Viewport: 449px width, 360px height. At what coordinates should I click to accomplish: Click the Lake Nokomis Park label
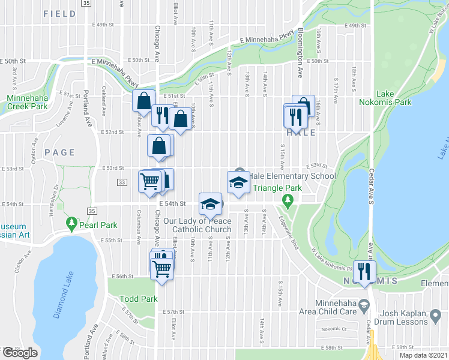click(x=393, y=98)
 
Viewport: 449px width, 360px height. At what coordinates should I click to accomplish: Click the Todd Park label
click(x=138, y=299)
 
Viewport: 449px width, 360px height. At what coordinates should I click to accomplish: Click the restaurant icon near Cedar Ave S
click(x=364, y=271)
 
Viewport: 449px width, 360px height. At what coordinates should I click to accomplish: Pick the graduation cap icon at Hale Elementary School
click(x=238, y=182)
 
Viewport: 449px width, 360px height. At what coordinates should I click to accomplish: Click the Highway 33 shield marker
click(x=122, y=182)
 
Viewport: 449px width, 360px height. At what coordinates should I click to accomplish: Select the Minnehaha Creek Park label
click(x=26, y=102)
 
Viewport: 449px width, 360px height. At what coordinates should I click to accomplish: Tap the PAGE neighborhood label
click(x=59, y=152)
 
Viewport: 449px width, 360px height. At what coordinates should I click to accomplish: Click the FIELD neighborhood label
click(x=60, y=13)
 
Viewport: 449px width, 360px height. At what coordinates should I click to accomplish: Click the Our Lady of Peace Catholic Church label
click(x=201, y=225)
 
